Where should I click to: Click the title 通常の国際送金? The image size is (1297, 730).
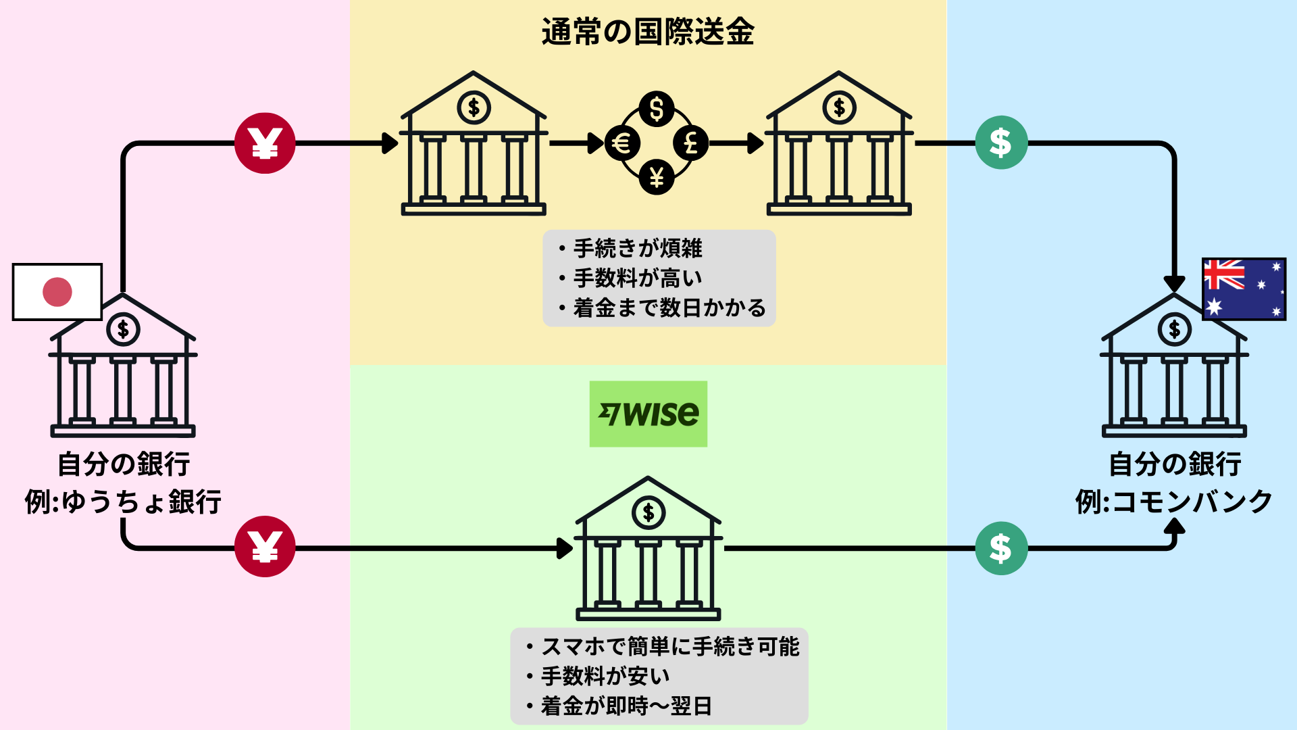pyautogui.click(x=648, y=32)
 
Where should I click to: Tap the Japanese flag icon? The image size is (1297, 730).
pyautogui.click(x=57, y=292)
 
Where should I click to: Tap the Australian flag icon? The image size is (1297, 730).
pyautogui.click(x=1244, y=289)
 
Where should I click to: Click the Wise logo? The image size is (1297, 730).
pyautogui.click(x=648, y=414)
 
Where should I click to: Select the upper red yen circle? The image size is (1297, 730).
pyautogui.click(x=265, y=143)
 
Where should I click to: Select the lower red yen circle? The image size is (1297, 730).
pyautogui.click(x=265, y=546)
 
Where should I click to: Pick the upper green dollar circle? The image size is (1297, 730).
pyautogui.click(x=1001, y=143)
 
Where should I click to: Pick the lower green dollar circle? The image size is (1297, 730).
pyautogui.click(x=1001, y=548)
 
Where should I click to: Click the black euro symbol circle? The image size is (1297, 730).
pyautogui.click(x=621, y=143)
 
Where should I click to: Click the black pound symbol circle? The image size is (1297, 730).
pyautogui.click(x=691, y=143)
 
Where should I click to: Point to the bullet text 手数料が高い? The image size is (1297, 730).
pyautogui.click(x=638, y=278)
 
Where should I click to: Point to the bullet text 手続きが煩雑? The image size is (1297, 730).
pyautogui.click(x=638, y=248)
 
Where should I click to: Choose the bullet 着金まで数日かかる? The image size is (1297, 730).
pyautogui.click(x=669, y=308)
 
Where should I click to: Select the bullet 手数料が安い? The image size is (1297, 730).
pyautogui.click(x=605, y=676)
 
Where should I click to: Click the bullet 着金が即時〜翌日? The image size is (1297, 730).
pyautogui.click(x=626, y=706)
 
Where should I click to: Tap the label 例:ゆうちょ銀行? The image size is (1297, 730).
pyautogui.click(x=123, y=502)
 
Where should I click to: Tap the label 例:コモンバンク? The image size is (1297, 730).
pyautogui.click(x=1174, y=502)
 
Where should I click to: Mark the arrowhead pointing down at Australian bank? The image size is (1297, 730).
pyautogui.click(x=1174, y=283)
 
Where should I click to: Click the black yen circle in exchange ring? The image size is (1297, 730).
pyautogui.click(x=657, y=178)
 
